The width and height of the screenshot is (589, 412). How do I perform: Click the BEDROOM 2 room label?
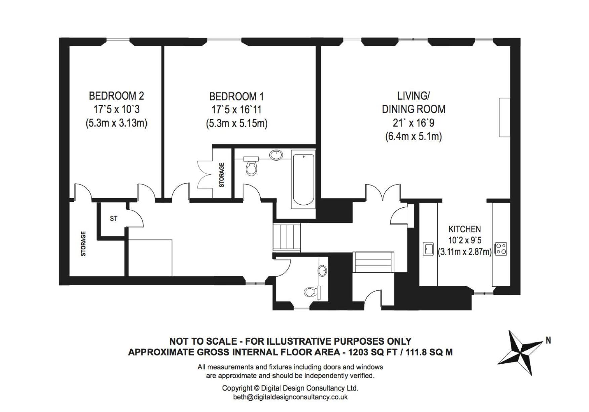(x=116, y=96)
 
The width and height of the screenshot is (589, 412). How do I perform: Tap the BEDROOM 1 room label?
(x=236, y=97)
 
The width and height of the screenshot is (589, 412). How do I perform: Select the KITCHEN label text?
(x=464, y=229)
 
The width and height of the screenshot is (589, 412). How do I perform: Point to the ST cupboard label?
(x=114, y=219)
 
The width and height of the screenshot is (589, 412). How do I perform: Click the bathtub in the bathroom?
(x=304, y=180)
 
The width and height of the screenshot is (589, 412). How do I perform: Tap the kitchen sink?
(x=428, y=249)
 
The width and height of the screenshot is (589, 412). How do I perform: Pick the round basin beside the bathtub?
(x=276, y=155)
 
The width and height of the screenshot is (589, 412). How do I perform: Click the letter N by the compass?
(x=548, y=340)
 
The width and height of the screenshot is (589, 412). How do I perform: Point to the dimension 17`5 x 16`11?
(x=236, y=110)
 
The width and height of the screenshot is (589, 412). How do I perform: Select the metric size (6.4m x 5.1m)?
(x=413, y=137)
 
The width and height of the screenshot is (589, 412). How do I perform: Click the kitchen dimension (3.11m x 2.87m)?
(x=465, y=251)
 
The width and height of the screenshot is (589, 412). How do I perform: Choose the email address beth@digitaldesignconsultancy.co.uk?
(x=290, y=397)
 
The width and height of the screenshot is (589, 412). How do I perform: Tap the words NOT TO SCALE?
(x=203, y=341)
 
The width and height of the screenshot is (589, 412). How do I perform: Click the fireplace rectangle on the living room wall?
(x=504, y=118)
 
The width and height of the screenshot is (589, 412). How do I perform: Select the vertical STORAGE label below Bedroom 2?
(x=83, y=244)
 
